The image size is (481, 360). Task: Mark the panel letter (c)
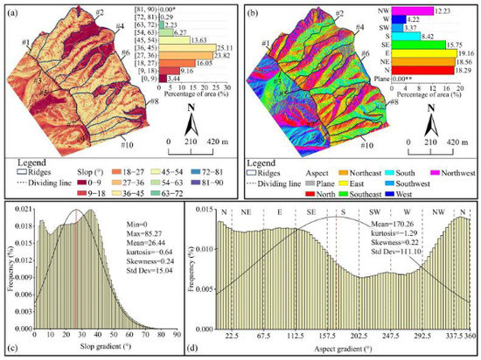point(10,352)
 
